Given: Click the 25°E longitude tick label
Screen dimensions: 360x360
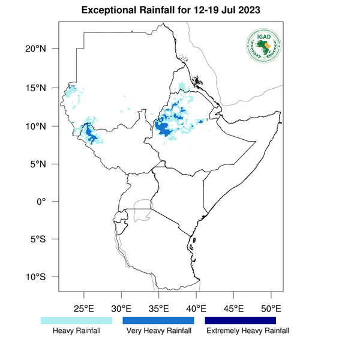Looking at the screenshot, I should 83,309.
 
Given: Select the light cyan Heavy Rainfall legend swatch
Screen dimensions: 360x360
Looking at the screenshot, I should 76,321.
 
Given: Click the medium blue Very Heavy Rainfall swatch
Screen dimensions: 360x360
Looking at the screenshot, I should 158,321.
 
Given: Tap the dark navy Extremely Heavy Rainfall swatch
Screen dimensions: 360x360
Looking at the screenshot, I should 240,321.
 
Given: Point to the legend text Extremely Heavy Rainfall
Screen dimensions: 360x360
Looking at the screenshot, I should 248,331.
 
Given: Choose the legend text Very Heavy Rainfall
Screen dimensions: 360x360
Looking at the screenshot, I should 158,331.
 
